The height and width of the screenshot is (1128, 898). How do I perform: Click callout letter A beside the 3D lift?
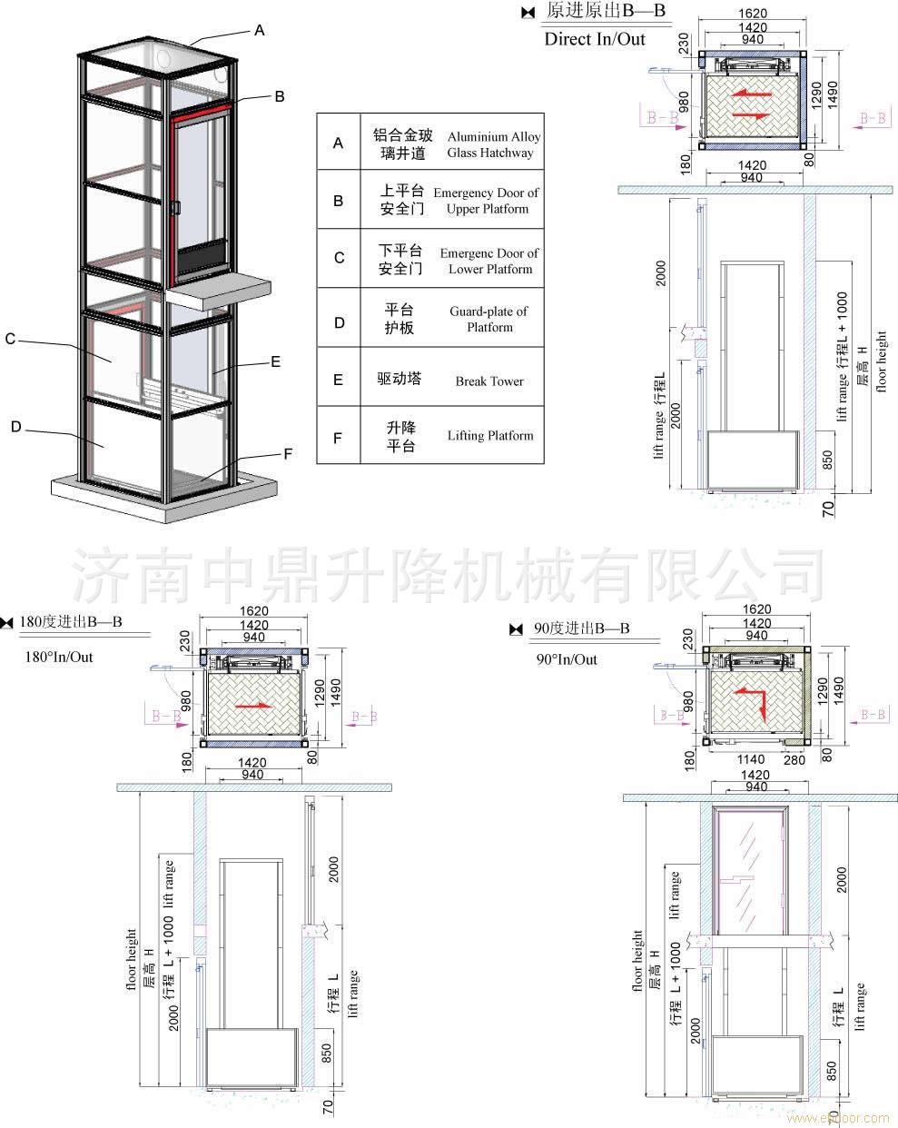[260, 31]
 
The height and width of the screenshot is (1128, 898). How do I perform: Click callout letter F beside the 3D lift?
[288, 453]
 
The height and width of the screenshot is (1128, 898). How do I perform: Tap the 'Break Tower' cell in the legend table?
[489, 381]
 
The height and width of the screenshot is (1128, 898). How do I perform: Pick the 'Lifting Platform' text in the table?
[490, 436]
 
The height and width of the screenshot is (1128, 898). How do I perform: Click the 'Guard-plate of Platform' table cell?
[489, 319]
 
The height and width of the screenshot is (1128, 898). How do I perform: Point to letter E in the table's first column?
[339, 380]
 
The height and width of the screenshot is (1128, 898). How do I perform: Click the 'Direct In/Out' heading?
[595, 39]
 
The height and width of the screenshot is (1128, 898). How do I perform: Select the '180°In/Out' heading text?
[58, 657]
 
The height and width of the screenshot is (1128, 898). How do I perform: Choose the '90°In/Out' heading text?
[567, 659]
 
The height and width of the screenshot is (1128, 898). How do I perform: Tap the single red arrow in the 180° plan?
[253, 704]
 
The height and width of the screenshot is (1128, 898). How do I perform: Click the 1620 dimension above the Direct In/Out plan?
[753, 14]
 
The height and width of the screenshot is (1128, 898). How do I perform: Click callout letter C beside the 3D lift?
[10, 339]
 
